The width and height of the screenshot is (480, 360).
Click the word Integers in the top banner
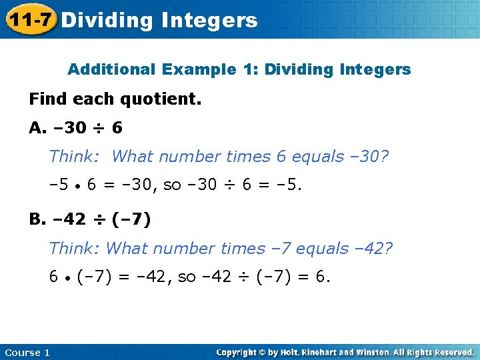click(209, 21)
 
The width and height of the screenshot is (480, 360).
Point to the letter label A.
click(37, 127)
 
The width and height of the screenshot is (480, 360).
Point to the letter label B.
click(37, 219)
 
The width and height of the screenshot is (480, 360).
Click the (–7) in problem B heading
click(131, 219)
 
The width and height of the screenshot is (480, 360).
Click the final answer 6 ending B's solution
click(322, 277)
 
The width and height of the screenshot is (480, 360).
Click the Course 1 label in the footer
click(27, 352)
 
